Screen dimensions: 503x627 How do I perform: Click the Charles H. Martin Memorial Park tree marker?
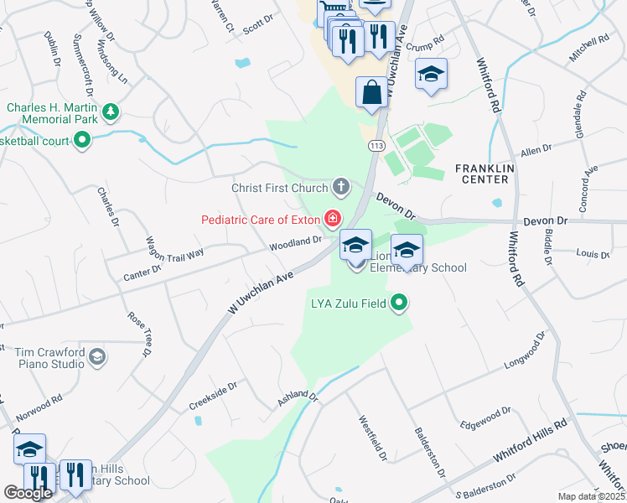pyautogui.click(x=110, y=111)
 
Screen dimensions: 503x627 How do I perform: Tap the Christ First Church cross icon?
pyautogui.click(x=340, y=186)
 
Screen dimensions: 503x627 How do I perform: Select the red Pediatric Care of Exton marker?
pyautogui.click(x=333, y=220)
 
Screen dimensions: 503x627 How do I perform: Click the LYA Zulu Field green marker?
pyautogui.click(x=400, y=303)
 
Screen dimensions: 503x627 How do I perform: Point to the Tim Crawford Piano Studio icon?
pyautogui.click(x=97, y=358)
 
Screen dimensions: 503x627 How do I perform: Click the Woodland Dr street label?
pyautogui.click(x=295, y=243)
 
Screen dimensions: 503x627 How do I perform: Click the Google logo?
pyautogui.click(x=28, y=494)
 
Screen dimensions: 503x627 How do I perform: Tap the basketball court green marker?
pyautogui.click(x=81, y=142)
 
